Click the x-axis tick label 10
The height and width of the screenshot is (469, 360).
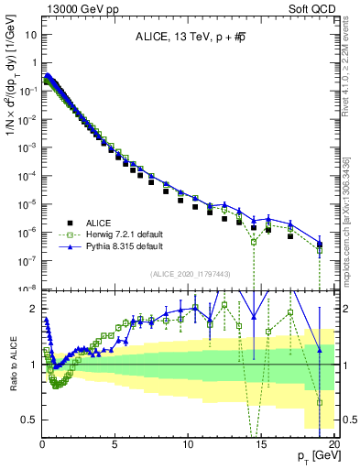pos(188,443)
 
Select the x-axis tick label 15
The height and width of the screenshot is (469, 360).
pos(261,443)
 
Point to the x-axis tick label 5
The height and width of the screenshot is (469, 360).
pos(115,443)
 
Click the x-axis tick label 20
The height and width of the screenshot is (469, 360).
pos(333,443)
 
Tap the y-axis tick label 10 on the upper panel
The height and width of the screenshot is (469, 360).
pos(27,34)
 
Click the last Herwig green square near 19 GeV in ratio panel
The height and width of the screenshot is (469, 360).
pos(320,402)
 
